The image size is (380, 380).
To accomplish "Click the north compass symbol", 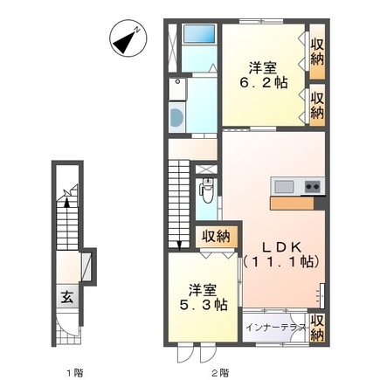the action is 128,38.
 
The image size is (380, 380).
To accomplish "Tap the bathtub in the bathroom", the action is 199,34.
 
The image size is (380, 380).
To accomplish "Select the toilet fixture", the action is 207,190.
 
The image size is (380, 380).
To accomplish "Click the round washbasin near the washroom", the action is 176,117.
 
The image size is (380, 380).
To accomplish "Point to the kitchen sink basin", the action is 284,186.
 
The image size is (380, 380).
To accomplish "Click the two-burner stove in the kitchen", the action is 313,186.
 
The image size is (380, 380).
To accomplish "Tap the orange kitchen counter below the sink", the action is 292,204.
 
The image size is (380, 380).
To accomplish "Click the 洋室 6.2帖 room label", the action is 264,75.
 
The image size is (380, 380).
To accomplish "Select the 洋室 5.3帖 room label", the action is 204,297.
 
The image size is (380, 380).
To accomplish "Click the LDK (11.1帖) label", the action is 282,255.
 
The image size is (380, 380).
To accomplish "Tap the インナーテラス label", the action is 276,328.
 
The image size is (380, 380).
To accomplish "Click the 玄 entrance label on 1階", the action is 67,297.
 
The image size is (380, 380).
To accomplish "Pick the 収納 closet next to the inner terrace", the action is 317,328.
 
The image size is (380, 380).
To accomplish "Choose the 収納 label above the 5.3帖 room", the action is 217,236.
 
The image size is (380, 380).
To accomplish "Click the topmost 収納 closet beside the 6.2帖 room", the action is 317,52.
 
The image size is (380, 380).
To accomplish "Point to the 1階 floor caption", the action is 75,372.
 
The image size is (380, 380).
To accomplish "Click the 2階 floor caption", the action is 220,372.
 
